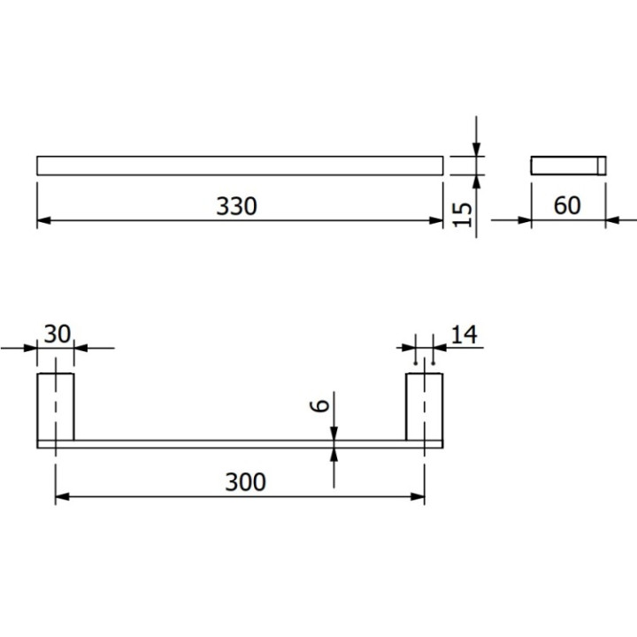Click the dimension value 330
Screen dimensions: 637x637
pyautogui.click(x=236, y=206)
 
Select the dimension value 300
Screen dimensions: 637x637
pyautogui.click(x=245, y=482)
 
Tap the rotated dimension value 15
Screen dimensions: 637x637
pyautogui.click(x=461, y=212)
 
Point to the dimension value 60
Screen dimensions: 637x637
pyautogui.click(x=566, y=205)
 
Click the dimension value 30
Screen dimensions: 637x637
pyautogui.click(x=57, y=334)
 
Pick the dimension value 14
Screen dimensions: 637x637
pyautogui.click(x=464, y=334)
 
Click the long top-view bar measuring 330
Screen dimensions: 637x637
pyautogui.click(x=239, y=165)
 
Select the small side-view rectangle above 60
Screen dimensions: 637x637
pyautogui.click(x=568, y=165)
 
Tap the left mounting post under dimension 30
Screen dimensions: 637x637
pyautogui.click(x=55, y=406)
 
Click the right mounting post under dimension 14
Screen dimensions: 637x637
pyautogui.click(x=424, y=406)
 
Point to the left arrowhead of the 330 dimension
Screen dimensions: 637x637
pyautogui.click(x=42, y=219)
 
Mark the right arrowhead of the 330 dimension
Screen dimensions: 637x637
pyautogui.click(x=436, y=219)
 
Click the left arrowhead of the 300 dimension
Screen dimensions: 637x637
pyautogui.click(x=61, y=496)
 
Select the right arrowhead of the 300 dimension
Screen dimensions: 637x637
pyautogui.click(x=418, y=496)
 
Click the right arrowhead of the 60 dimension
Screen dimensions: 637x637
pyautogui.click(x=611, y=219)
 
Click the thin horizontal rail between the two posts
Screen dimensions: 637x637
pyautogui.click(x=239, y=443)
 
